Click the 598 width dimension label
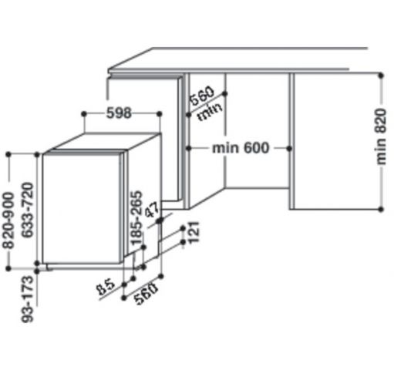click(x=119, y=113)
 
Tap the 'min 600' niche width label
click(x=241, y=148)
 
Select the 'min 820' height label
click(x=381, y=136)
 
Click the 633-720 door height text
click(x=28, y=210)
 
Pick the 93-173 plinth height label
click(x=28, y=299)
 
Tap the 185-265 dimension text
click(x=136, y=217)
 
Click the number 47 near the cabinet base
click(x=153, y=210)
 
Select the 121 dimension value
click(x=194, y=232)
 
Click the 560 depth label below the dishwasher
click(x=146, y=294)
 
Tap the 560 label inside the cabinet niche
click(x=202, y=96)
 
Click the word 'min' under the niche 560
click(x=210, y=112)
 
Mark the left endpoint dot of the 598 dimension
click(x=84, y=114)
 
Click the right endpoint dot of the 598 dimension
click(x=160, y=114)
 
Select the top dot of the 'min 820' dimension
click(x=381, y=76)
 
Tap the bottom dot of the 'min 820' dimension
click(x=381, y=209)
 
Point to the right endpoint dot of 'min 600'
click(x=289, y=148)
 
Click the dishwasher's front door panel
click(x=82, y=209)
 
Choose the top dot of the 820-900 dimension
click(x=8, y=154)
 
